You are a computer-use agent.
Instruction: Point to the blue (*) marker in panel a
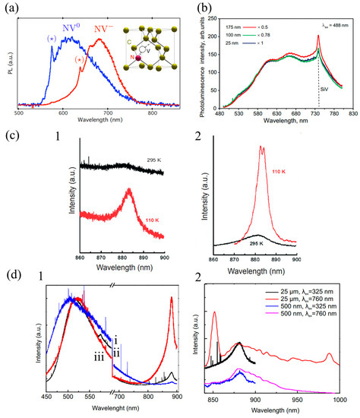50,38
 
